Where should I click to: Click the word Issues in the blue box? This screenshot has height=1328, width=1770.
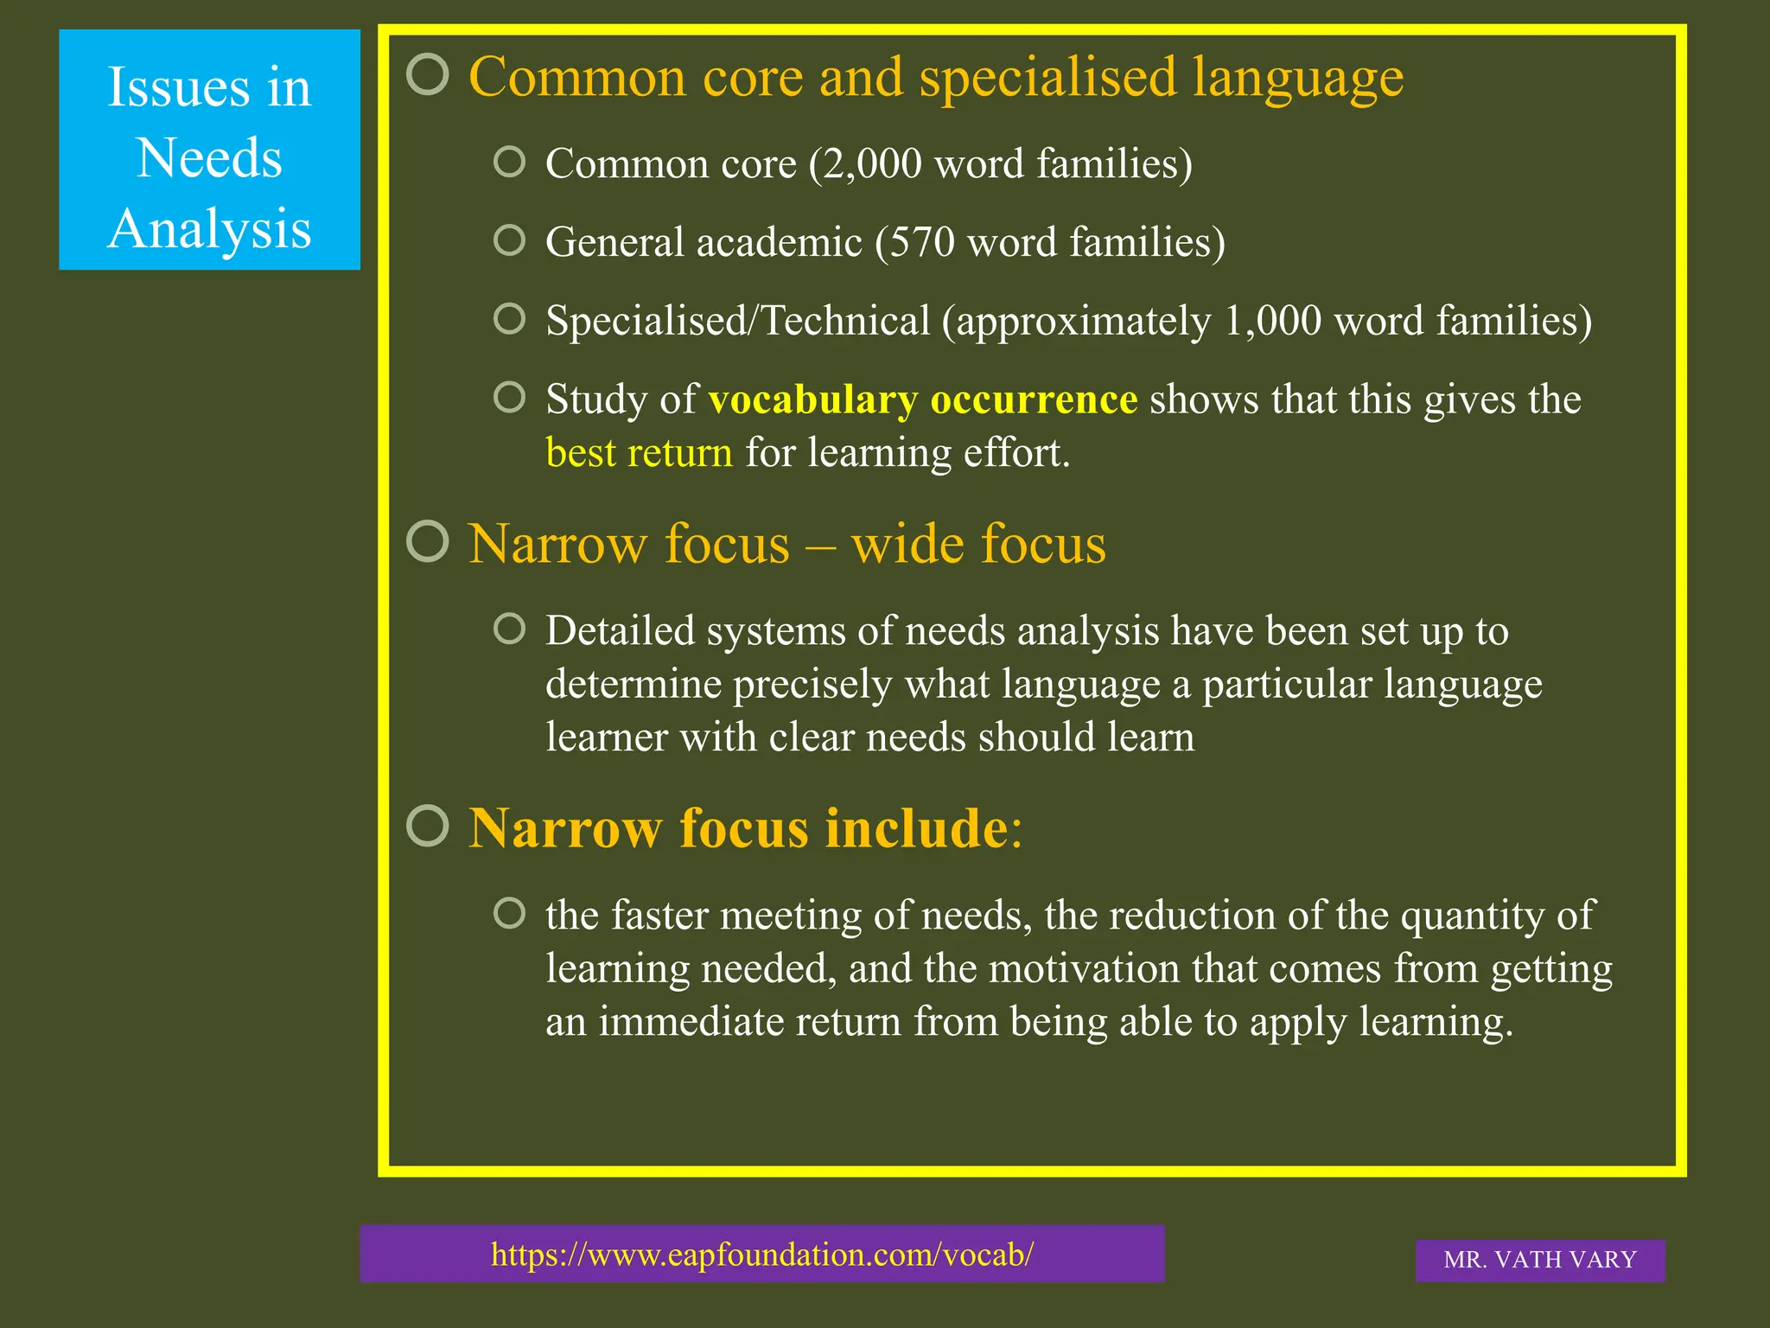point(179,87)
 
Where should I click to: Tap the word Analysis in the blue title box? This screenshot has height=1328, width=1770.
point(209,229)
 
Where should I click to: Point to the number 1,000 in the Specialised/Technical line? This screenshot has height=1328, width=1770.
point(1272,321)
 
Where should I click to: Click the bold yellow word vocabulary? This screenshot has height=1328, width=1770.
point(812,399)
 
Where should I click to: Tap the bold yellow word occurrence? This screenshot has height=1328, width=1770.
point(1034,399)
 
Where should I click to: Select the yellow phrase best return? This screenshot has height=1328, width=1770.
point(639,453)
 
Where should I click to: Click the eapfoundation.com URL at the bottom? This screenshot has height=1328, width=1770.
point(761,1254)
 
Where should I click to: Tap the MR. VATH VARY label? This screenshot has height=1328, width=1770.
point(1540,1260)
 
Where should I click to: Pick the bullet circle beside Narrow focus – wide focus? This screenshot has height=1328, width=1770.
point(428,541)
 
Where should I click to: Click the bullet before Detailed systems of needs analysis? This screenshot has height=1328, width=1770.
point(510,629)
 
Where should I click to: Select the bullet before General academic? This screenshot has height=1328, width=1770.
point(510,240)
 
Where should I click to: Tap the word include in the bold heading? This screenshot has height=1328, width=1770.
point(916,828)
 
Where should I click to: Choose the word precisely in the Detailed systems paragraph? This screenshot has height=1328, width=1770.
point(812,685)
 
